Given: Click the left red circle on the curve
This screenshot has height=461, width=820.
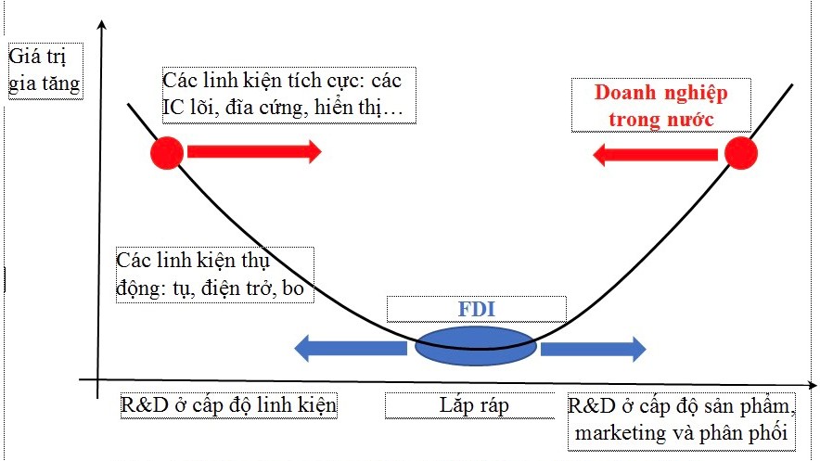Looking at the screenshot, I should click(168, 152).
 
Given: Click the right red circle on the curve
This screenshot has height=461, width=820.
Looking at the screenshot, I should click(741, 152).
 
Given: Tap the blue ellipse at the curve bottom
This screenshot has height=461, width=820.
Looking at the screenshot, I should click(474, 348).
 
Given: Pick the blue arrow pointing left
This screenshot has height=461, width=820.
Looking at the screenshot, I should click(351, 348).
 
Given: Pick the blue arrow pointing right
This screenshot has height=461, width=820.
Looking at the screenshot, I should click(593, 348).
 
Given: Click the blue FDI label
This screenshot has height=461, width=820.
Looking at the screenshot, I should click(476, 309).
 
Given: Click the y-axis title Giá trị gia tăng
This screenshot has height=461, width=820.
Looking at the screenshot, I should click(44, 71).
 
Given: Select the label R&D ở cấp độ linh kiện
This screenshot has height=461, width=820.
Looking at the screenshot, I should click(228, 405).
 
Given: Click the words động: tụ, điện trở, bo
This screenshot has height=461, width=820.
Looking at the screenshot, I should click(212, 288).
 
